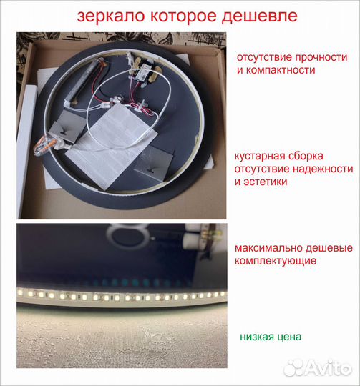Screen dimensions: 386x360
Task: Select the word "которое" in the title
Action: click(176, 16)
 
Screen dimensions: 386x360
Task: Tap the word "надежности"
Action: click(324, 169)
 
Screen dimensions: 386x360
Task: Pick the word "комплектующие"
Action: click(275, 261)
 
